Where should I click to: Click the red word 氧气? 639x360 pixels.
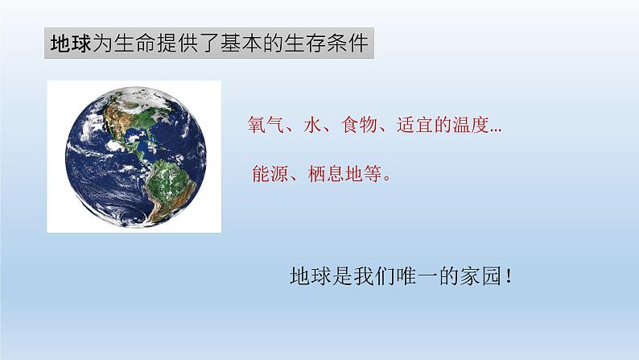[266, 128]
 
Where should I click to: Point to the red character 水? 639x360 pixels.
[315, 128]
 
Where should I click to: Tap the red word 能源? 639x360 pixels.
[266, 176]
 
